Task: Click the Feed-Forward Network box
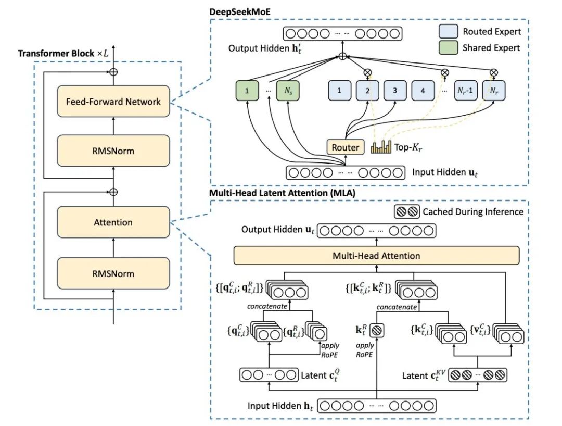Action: [113, 102]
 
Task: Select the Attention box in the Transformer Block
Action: [113, 222]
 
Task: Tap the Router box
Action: [345, 147]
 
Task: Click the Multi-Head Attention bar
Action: [376, 256]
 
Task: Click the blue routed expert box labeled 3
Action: [395, 90]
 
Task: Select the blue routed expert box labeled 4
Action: [423, 90]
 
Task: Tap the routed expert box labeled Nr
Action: [493, 90]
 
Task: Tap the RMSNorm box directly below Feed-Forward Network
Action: [113, 151]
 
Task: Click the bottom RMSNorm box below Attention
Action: [113, 273]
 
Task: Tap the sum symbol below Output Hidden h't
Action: [342, 57]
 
